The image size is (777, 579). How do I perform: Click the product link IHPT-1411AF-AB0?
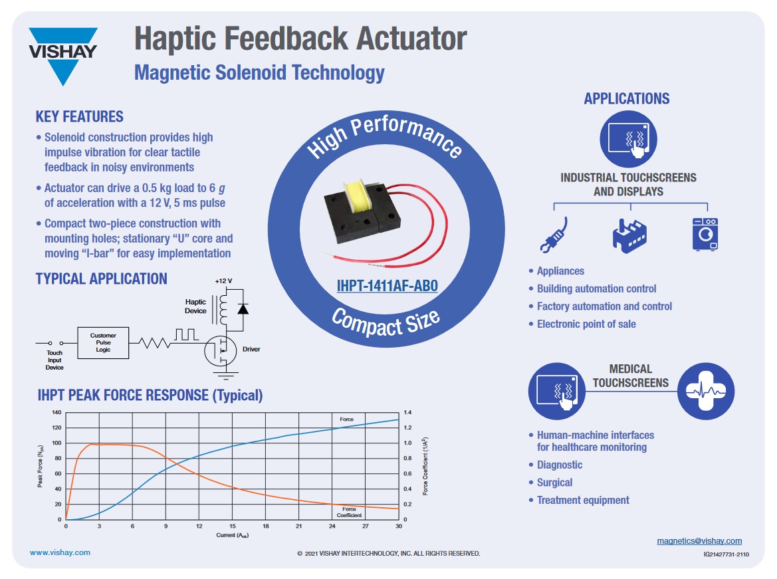[x=387, y=286]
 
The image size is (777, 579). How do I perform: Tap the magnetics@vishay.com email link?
[x=699, y=540]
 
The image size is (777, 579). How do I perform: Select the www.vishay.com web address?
[x=60, y=552]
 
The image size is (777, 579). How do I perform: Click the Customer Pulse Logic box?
[x=103, y=343]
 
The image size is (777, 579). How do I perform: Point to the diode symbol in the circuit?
[x=243, y=308]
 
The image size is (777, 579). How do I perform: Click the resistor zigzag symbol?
[x=154, y=343]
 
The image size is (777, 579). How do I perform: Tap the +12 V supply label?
[x=223, y=281]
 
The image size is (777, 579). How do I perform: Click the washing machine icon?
[x=705, y=235]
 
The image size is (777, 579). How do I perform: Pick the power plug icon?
[x=554, y=235]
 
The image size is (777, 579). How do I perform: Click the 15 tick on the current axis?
[x=233, y=526]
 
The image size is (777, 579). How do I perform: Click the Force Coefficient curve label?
[x=349, y=512]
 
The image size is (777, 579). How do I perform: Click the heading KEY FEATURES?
[x=79, y=117]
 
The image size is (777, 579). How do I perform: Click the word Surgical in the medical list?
[x=554, y=483]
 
